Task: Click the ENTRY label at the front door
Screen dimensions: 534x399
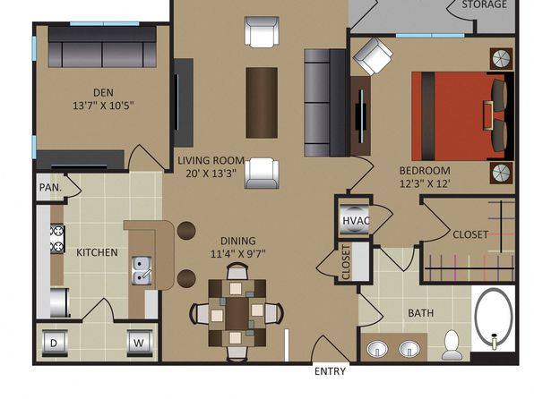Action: [x=330, y=371]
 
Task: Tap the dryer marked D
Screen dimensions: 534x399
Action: [x=55, y=343]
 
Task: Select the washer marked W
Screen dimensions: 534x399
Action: [x=139, y=343]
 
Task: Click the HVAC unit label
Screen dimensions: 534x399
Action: [x=356, y=221]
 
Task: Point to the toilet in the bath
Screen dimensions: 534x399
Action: [x=452, y=344]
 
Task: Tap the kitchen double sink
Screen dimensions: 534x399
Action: [x=142, y=270]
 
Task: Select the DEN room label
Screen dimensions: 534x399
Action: [x=104, y=92]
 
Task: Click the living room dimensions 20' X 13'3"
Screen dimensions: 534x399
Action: [x=211, y=174]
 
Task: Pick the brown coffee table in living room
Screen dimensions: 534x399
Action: [x=262, y=103]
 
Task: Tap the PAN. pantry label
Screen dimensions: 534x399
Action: [x=51, y=188]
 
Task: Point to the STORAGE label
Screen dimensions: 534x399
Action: [x=485, y=4]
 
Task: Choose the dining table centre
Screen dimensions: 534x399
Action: [x=237, y=313]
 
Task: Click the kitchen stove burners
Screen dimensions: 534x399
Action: [x=57, y=239]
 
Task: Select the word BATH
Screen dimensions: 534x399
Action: [x=421, y=313]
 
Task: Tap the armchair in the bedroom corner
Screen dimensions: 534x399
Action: [x=372, y=56]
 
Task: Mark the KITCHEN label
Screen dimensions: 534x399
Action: [x=97, y=252]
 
